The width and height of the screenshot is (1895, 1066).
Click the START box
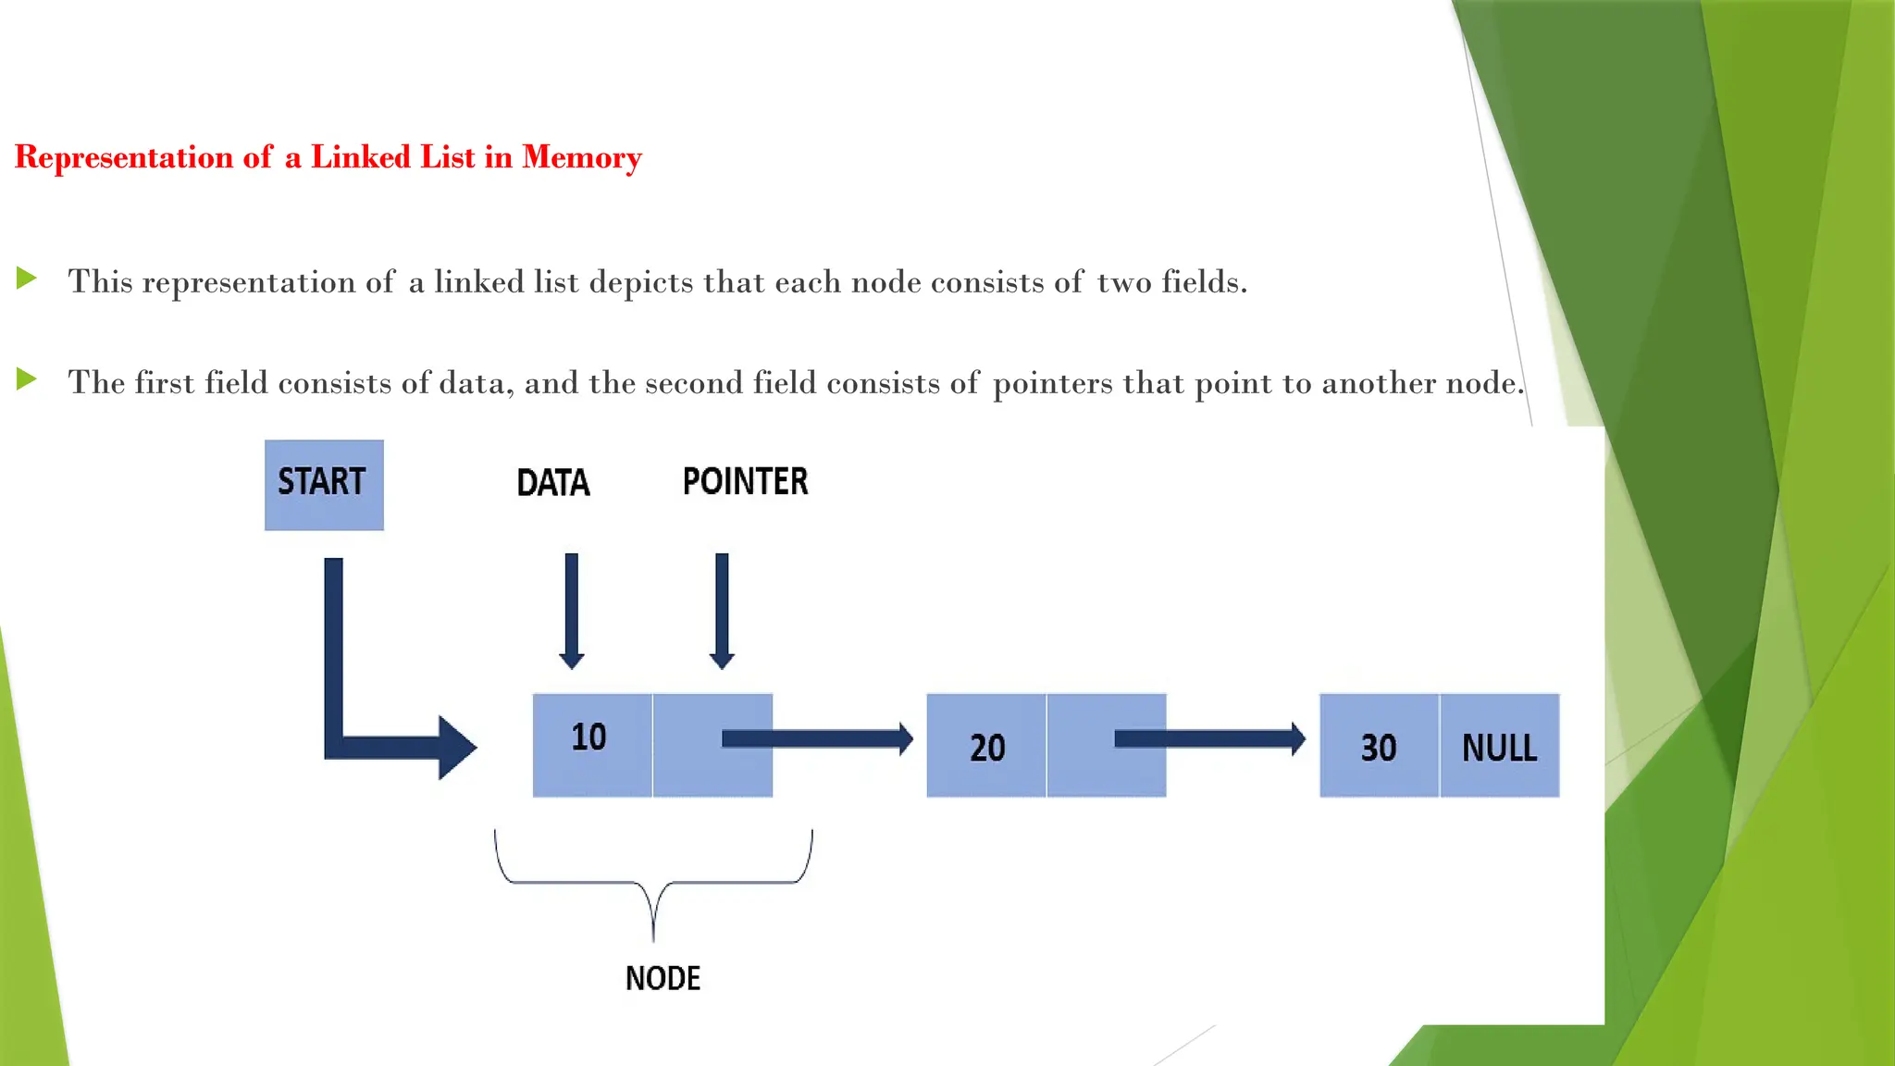[x=324, y=485]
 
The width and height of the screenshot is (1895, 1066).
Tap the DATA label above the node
[x=552, y=483]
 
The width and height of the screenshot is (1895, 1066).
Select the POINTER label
[x=745, y=482]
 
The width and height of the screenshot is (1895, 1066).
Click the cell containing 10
[x=592, y=744]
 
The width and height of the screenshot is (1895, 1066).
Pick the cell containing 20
[x=986, y=746]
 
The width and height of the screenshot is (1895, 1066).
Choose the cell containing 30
[x=1379, y=746]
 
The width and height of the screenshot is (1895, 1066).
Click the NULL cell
[x=1499, y=746]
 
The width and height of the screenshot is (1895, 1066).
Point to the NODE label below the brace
[x=663, y=978]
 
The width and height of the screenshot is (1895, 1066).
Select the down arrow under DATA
[x=572, y=611]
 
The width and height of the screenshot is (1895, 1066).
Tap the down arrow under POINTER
[x=722, y=611]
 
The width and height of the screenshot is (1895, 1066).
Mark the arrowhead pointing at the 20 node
[x=906, y=738]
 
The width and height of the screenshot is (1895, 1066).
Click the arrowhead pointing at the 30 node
[x=1298, y=738]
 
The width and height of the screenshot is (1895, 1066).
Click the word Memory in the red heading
[x=581, y=157]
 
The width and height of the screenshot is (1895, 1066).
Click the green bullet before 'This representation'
[x=27, y=278]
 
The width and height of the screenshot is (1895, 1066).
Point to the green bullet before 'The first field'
[x=27, y=378]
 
